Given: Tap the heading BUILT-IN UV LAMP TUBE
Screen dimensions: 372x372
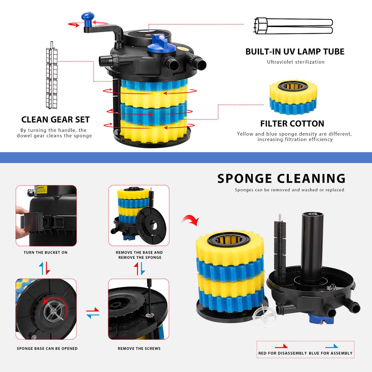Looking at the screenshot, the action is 295,51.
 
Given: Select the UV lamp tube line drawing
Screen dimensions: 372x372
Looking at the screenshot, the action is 293,26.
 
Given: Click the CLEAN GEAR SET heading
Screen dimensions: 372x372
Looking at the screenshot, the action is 55,120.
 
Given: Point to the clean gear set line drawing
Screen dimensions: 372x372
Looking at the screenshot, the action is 52,75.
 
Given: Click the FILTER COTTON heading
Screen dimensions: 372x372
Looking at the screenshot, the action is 292,123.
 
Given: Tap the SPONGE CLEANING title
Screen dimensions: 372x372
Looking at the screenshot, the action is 281,179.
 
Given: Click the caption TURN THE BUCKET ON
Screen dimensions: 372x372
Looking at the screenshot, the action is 46,252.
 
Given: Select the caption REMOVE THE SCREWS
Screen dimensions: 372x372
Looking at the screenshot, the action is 139,349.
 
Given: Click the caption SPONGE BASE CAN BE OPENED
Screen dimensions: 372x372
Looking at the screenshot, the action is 47,349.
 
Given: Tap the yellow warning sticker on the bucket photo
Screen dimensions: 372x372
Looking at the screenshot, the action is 42,190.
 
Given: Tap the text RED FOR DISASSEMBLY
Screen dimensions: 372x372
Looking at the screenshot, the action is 283,353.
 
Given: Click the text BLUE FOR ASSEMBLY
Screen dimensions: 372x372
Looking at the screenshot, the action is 330,353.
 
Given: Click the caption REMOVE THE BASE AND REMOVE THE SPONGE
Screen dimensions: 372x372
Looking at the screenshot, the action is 139,255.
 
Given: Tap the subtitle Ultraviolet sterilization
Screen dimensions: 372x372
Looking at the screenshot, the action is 296,62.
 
